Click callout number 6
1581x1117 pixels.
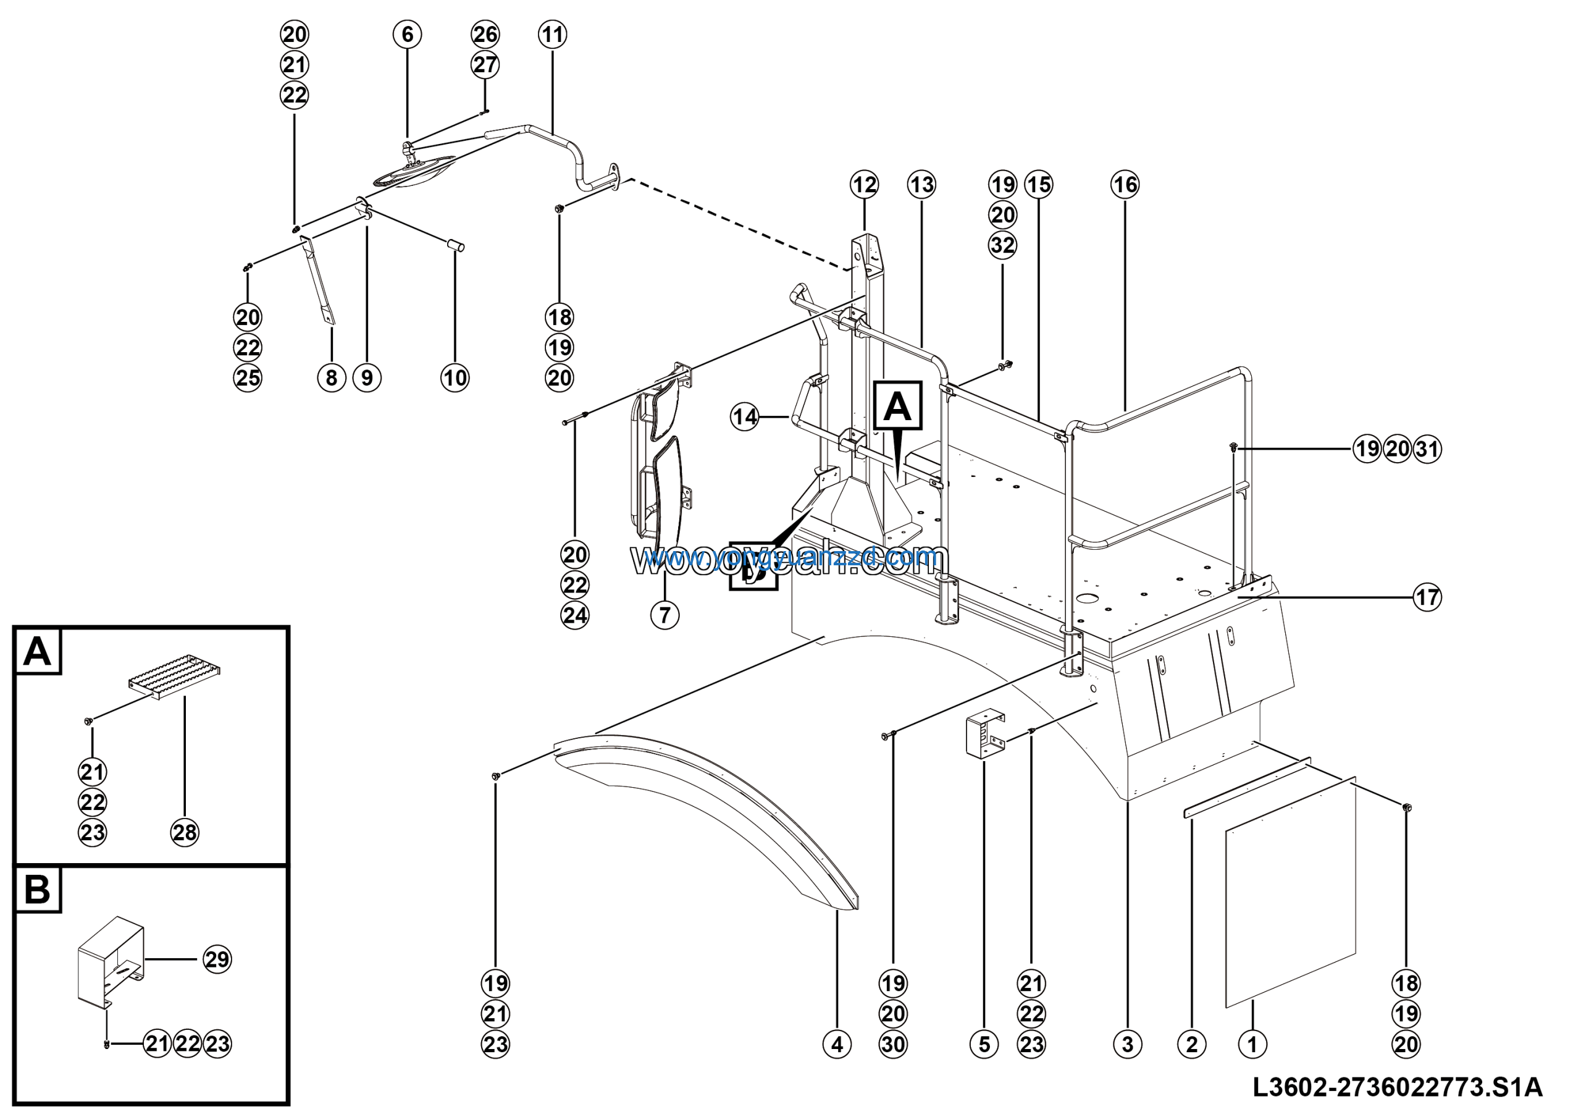(407, 35)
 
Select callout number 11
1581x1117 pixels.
(552, 35)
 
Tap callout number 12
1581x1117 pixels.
(864, 185)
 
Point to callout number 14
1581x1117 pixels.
(744, 416)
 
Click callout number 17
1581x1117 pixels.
(1427, 597)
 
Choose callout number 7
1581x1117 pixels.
(665, 615)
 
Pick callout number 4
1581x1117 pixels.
(837, 1044)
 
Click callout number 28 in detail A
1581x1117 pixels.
(185, 833)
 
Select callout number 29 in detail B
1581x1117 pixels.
(217, 959)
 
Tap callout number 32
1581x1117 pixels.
(1002, 245)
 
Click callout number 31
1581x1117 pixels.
(1427, 450)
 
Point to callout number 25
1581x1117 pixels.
(248, 377)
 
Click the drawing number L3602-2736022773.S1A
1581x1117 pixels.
(1398, 1087)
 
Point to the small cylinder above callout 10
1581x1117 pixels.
(456, 245)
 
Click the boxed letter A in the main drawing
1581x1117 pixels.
(897, 407)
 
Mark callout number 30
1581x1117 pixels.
(893, 1044)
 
